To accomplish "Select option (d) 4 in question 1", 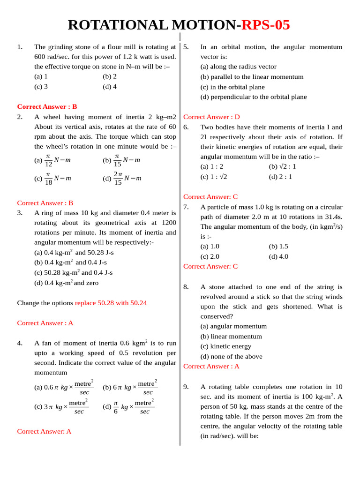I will [110, 86].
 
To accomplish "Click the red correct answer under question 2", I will [45, 203].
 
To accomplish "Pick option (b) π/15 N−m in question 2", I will [121, 160].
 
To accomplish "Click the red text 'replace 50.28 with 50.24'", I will [111, 303].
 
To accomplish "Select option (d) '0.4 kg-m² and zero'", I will [66, 283].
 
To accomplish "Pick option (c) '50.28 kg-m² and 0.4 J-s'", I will [73, 272].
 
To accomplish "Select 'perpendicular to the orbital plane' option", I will [254, 97].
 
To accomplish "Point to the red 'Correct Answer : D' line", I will [211, 117].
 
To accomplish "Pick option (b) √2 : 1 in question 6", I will [282, 166].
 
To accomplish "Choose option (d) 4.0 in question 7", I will [278, 256].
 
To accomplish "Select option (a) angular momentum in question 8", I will [233, 326].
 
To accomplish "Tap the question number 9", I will [186, 387].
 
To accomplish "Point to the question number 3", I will [20, 213].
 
